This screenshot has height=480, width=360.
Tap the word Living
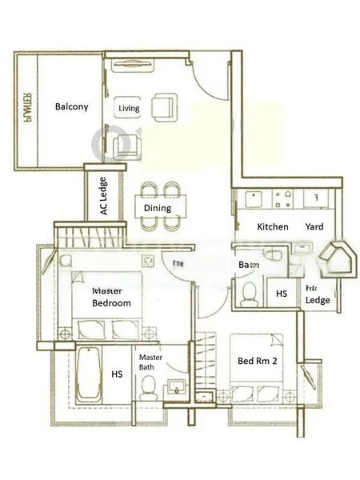coord(129,108)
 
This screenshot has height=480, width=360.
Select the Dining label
coord(158,208)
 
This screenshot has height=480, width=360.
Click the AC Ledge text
coord(103,197)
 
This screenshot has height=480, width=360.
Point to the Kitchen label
coord(272,226)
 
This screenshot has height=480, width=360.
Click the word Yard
coord(314,226)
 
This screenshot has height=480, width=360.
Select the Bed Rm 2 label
coord(257,362)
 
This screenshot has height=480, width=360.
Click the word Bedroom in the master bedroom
coord(111,303)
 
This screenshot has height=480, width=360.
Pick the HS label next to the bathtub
coord(117,374)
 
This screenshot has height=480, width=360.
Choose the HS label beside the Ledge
coord(282,294)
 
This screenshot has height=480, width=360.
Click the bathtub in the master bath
coord(86,374)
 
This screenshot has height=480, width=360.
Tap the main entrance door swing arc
coord(205,80)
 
